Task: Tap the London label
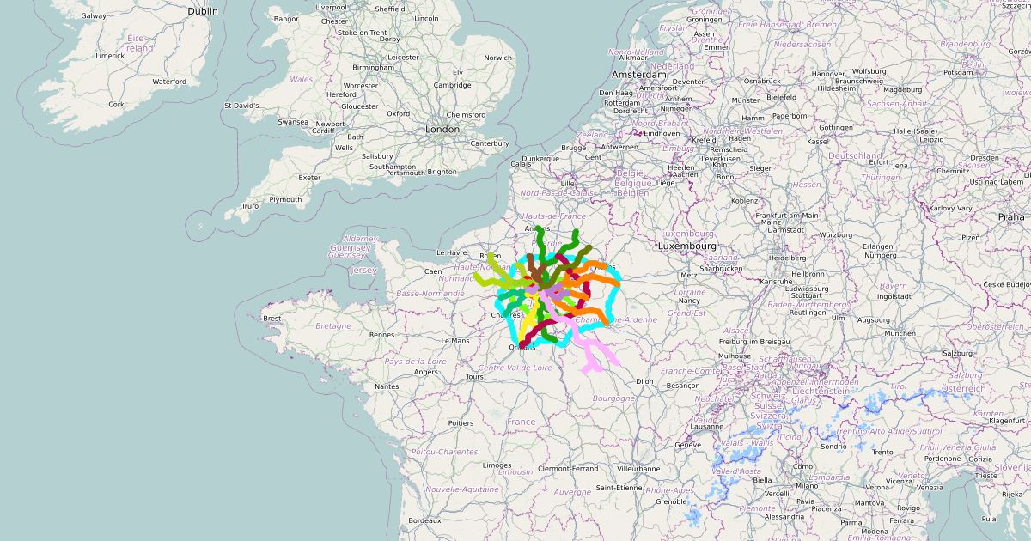[442, 130]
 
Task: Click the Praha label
[1011, 217]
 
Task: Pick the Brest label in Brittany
[272, 319]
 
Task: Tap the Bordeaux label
[424, 520]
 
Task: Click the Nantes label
[387, 386]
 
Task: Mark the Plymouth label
[285, 199]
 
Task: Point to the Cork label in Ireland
[116, 104]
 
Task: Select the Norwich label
[497, 58]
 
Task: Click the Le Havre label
[451, 253]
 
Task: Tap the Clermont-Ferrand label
[568, 469]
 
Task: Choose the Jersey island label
[364, 270]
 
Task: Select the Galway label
[94, 15]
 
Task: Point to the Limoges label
[497, 465]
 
